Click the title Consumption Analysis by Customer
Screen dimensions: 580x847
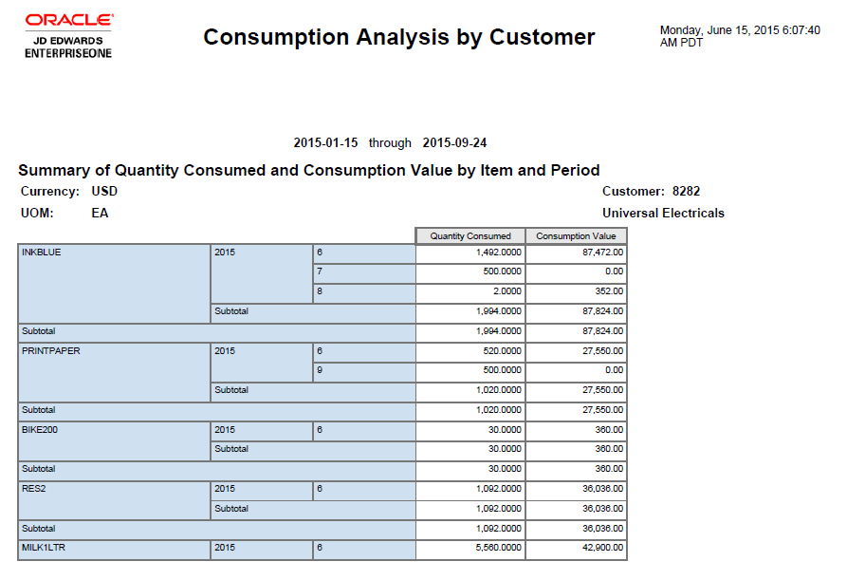pos(399,37)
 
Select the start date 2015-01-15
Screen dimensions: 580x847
pos(325,143)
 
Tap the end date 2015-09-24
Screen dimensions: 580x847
pos(455,143)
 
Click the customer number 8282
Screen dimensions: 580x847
pos(686,191)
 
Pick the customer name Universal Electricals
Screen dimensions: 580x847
pos(663,213)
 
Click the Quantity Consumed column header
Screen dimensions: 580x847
pos(470,236)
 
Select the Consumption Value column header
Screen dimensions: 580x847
pos(576,236)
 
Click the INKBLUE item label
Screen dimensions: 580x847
pos(41,253)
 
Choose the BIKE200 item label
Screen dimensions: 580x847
pos(39,430)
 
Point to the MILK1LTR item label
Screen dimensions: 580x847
pos(43,548)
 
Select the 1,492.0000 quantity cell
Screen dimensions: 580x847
pos(497,253)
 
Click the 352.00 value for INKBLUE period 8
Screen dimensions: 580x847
pos(610,291)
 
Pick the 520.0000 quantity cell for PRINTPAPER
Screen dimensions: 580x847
pos(502,350)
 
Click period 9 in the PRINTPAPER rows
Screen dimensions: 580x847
pos(320,370)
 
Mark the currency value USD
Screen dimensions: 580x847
pos(104,191)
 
